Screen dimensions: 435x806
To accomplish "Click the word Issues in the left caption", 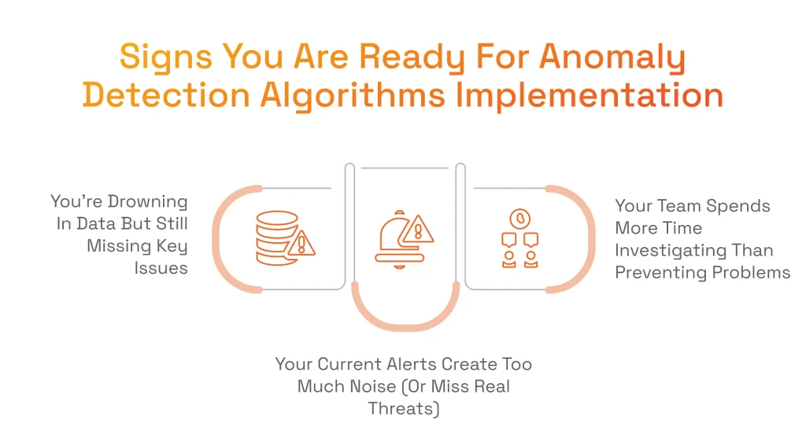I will tap(161, 268).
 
